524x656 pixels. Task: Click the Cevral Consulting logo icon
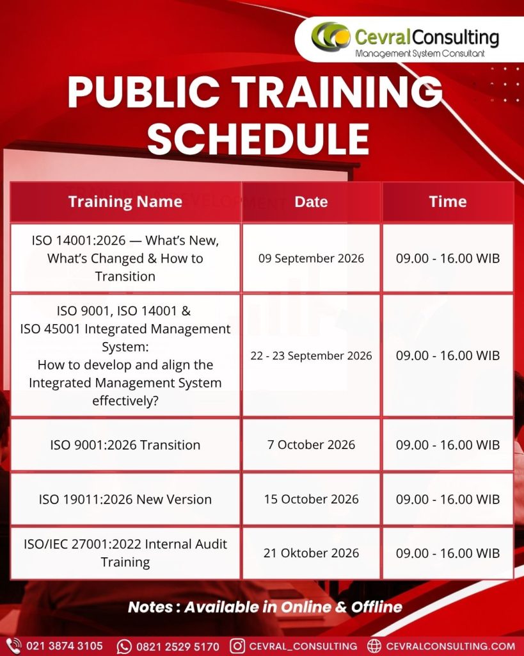tap(331, 36)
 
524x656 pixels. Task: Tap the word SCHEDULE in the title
tap(258, 139)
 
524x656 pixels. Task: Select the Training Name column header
tap(125, 202)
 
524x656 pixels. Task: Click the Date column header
tap(311, 202)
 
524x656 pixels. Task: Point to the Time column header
tap(447, 202)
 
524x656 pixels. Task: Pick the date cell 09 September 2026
tap(311, 258)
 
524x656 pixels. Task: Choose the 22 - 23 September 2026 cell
tap(311, 356)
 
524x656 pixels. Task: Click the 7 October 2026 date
tap(311, 445)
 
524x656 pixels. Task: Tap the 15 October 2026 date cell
tap(311, 498)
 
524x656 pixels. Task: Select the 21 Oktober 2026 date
tap(311, 553)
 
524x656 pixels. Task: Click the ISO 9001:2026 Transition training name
tap(125, 445)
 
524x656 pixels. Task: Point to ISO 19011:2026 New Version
tap(125, 499)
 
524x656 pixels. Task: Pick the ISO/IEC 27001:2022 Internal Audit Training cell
tap(125, 553)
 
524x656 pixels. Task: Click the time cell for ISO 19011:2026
tap(447, 499)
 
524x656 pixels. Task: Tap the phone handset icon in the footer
tap(13, 646)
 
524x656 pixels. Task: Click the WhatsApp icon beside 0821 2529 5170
tap(124, 646)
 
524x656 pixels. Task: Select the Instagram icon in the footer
tap(237, 646)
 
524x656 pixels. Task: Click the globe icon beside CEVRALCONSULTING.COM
tap(374, 646)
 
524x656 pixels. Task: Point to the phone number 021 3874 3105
tap(65, 646)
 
